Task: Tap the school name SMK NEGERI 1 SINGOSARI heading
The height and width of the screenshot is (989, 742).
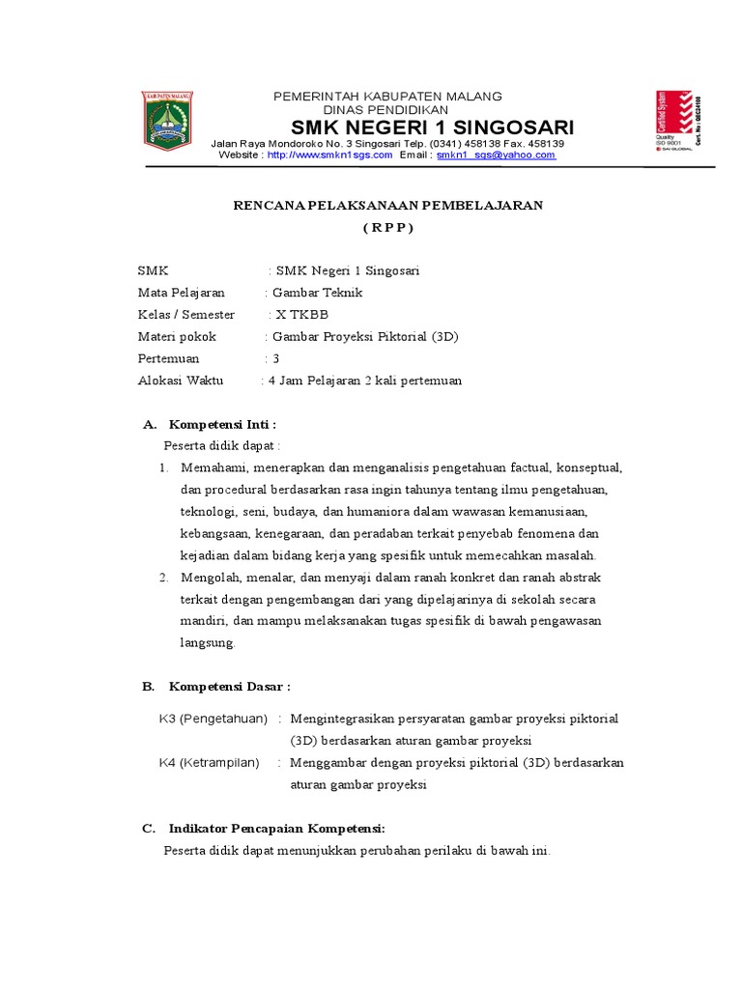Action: (x=433, y=128)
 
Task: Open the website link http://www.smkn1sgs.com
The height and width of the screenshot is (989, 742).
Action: (x=329, y=155)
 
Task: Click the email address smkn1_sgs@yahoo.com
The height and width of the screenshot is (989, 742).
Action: (x=496, y=155)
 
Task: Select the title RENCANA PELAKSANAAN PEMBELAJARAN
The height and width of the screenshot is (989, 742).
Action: (x=389, y=205)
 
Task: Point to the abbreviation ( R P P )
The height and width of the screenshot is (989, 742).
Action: (x=388, y=228)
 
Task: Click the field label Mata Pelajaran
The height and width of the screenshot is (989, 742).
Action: (x=182, y=293)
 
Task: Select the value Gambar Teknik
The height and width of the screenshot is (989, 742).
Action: (x=318, y=293)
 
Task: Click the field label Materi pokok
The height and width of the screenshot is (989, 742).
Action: (x=178, y=337)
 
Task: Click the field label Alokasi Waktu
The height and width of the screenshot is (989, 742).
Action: (x=181, y=381)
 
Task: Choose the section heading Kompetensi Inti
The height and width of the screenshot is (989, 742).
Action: (x=223, y=424)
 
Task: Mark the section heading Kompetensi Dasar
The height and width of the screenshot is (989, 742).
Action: (x=230, y=687)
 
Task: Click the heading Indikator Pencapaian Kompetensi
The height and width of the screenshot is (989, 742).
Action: (x=277, y=829)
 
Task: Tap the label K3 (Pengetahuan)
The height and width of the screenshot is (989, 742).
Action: (x=214, y=720)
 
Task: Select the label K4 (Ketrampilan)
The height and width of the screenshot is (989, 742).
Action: (x=210, y=763)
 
